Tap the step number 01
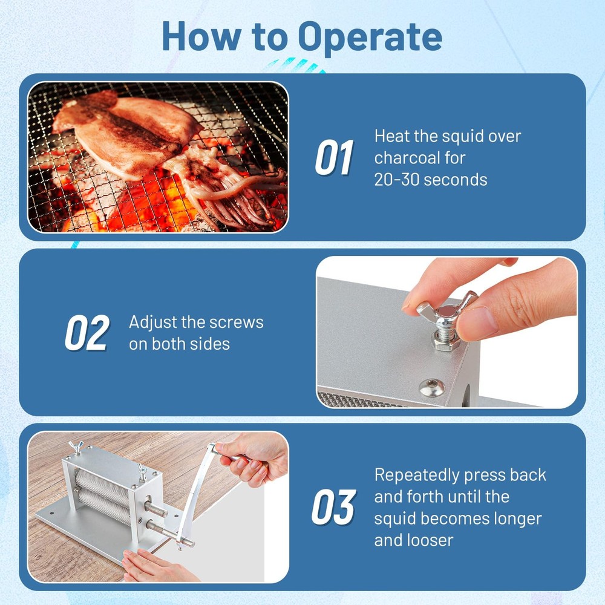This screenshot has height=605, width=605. click(334, 159)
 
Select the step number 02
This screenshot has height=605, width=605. click(86, 333)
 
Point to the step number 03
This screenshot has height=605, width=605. click(333, 507)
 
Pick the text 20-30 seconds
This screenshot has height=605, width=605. click(431, 180)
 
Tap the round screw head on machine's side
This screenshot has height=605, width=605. click(431, 387)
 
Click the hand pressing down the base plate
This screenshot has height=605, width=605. click(151, 566)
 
